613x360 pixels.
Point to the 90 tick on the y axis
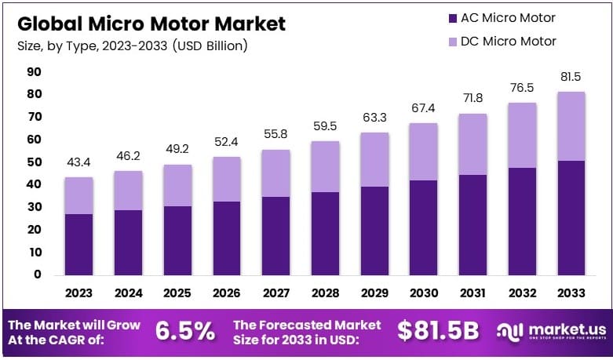[34, 72]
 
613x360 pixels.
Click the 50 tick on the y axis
[34, 162]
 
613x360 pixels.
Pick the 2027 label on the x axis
[276, 293]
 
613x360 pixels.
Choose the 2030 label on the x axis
[424, 293]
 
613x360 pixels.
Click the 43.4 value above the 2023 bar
[79, 163]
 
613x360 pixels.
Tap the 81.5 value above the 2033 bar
[571, 77]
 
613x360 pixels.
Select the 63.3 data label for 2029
[374, 118]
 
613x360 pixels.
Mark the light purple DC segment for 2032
[522, 135]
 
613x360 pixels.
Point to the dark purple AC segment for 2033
[571, 217]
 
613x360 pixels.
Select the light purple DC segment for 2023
[79, 195]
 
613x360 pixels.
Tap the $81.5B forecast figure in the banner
[437, 331]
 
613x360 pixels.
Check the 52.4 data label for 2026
[227, 143]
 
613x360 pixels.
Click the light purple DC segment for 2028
[326, 166]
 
